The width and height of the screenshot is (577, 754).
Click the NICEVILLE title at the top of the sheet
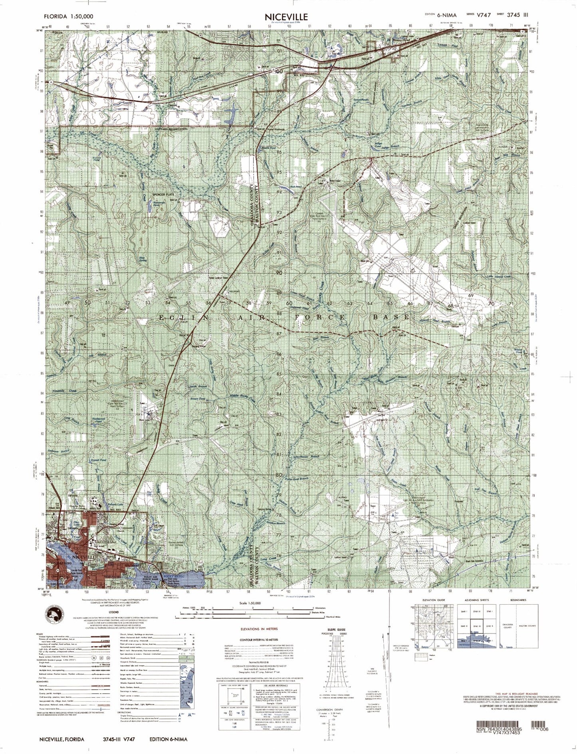pos(286,17)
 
